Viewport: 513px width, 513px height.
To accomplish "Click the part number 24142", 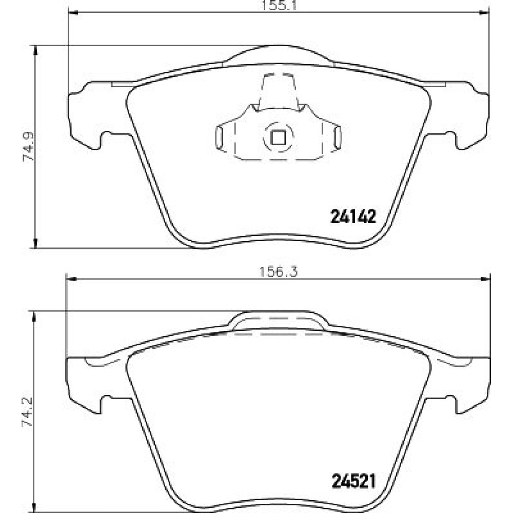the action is pos(353,216).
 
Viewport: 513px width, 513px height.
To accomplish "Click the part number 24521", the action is pos(353,481).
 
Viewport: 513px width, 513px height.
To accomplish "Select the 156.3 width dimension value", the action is pos(279,272).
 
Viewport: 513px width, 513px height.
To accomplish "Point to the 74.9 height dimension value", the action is pos(29,147).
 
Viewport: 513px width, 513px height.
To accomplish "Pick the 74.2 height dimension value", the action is pos(28,411).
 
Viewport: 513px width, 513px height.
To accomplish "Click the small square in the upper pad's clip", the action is pos(278,137).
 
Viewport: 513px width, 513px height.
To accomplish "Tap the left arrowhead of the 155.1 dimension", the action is pos(72,13).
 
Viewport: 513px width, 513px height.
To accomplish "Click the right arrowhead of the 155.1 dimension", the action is pos(485,13).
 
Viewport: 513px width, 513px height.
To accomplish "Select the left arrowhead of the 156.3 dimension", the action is pos(71,279).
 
